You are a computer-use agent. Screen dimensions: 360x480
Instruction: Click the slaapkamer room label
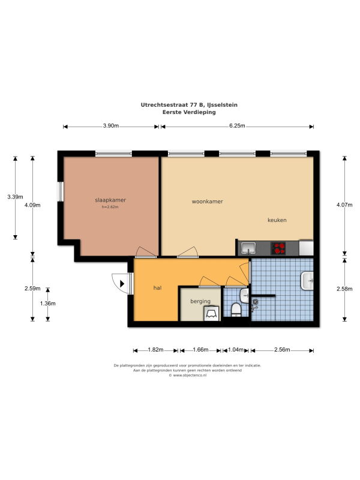coord(110,200)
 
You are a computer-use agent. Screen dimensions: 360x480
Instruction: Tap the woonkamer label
coord(207,202)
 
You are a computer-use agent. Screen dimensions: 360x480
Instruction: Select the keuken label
coord(277,220)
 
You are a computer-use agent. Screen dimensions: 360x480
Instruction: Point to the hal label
coord(157,288)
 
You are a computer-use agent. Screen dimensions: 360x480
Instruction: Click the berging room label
coord(200,301)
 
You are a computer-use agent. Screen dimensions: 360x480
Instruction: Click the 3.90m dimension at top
coord(111,126)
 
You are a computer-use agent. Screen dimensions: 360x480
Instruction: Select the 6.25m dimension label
coord(237,126)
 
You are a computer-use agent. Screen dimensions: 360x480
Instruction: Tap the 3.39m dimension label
coord(16,197)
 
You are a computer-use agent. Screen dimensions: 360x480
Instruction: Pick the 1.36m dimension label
coord(48,304)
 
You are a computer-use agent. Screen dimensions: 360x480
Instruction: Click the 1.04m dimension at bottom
coord(236,350)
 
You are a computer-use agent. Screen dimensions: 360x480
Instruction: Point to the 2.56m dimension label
coord(282,350)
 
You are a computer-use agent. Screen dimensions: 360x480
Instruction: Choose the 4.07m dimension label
coord(344,205)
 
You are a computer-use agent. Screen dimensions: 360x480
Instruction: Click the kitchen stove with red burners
coord(278,248)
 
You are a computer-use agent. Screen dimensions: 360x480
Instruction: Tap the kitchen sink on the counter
coord(248,248)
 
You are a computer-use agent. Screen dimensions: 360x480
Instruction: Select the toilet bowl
coord(236,310)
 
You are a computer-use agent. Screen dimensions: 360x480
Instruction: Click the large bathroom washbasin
coord(307,281)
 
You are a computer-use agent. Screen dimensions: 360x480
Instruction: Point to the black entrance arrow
coord(122,284)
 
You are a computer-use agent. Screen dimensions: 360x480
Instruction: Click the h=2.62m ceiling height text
coord(110,207)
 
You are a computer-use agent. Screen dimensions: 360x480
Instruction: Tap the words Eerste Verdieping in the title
coord(189,112)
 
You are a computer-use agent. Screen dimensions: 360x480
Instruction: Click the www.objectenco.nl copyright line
coord(187,376)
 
